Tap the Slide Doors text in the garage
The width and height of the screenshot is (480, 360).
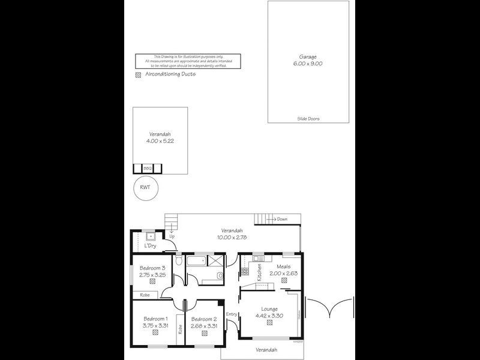pyautogui.click(x=308, y=119)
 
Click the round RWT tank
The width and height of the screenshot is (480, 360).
pyautogui.click(x=145, y=187)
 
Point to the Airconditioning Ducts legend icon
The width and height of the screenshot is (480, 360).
pyautogui.click(x=139, y=75)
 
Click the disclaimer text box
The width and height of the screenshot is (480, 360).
pyautogui.click(x=188, y=61)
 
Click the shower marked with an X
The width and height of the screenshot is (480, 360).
pyautogui.click(x=217, y=262)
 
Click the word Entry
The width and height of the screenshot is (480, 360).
pyautogui.click(x=232, y=314)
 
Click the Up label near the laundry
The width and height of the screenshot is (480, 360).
pyautogui.click(x=172, y=236)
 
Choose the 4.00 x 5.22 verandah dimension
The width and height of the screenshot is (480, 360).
pyautogui.click(x=160, y=142)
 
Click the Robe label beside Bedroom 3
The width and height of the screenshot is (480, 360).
pyautogui.click(x=145, y=295)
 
